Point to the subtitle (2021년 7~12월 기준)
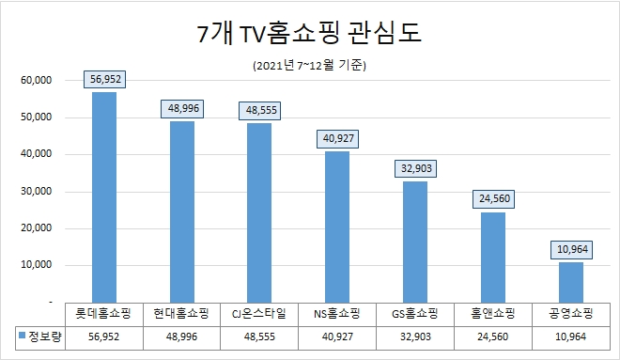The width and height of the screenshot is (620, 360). pyautogui.click(x=309, y=67)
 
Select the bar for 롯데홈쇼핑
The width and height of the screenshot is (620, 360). pyautogui.click(x=103, y=196)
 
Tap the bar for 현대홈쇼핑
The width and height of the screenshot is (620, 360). pyautogui.click(x=181, y=211)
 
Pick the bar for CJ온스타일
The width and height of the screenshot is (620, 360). pyautogui.click(x=259, y=212)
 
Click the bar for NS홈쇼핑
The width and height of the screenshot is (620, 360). pyautogui.click(x=337, y=227)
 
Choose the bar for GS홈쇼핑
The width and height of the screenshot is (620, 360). pyautogui.click(x=415, y=242)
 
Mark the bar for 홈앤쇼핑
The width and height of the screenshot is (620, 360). pyautogui.click(x=493, y=257)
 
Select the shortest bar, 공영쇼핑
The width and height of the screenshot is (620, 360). pyautogui.click(x=571, y=282)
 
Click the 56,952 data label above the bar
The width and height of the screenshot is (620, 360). pyautogui.click(x=103, y=79)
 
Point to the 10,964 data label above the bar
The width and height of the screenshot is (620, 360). pyautogui.click(x=571, y=249)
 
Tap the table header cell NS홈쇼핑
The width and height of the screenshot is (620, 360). pyautogui.click(x=337, y=312)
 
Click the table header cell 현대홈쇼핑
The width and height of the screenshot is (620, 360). pyautogui.click(x=181, y=312)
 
